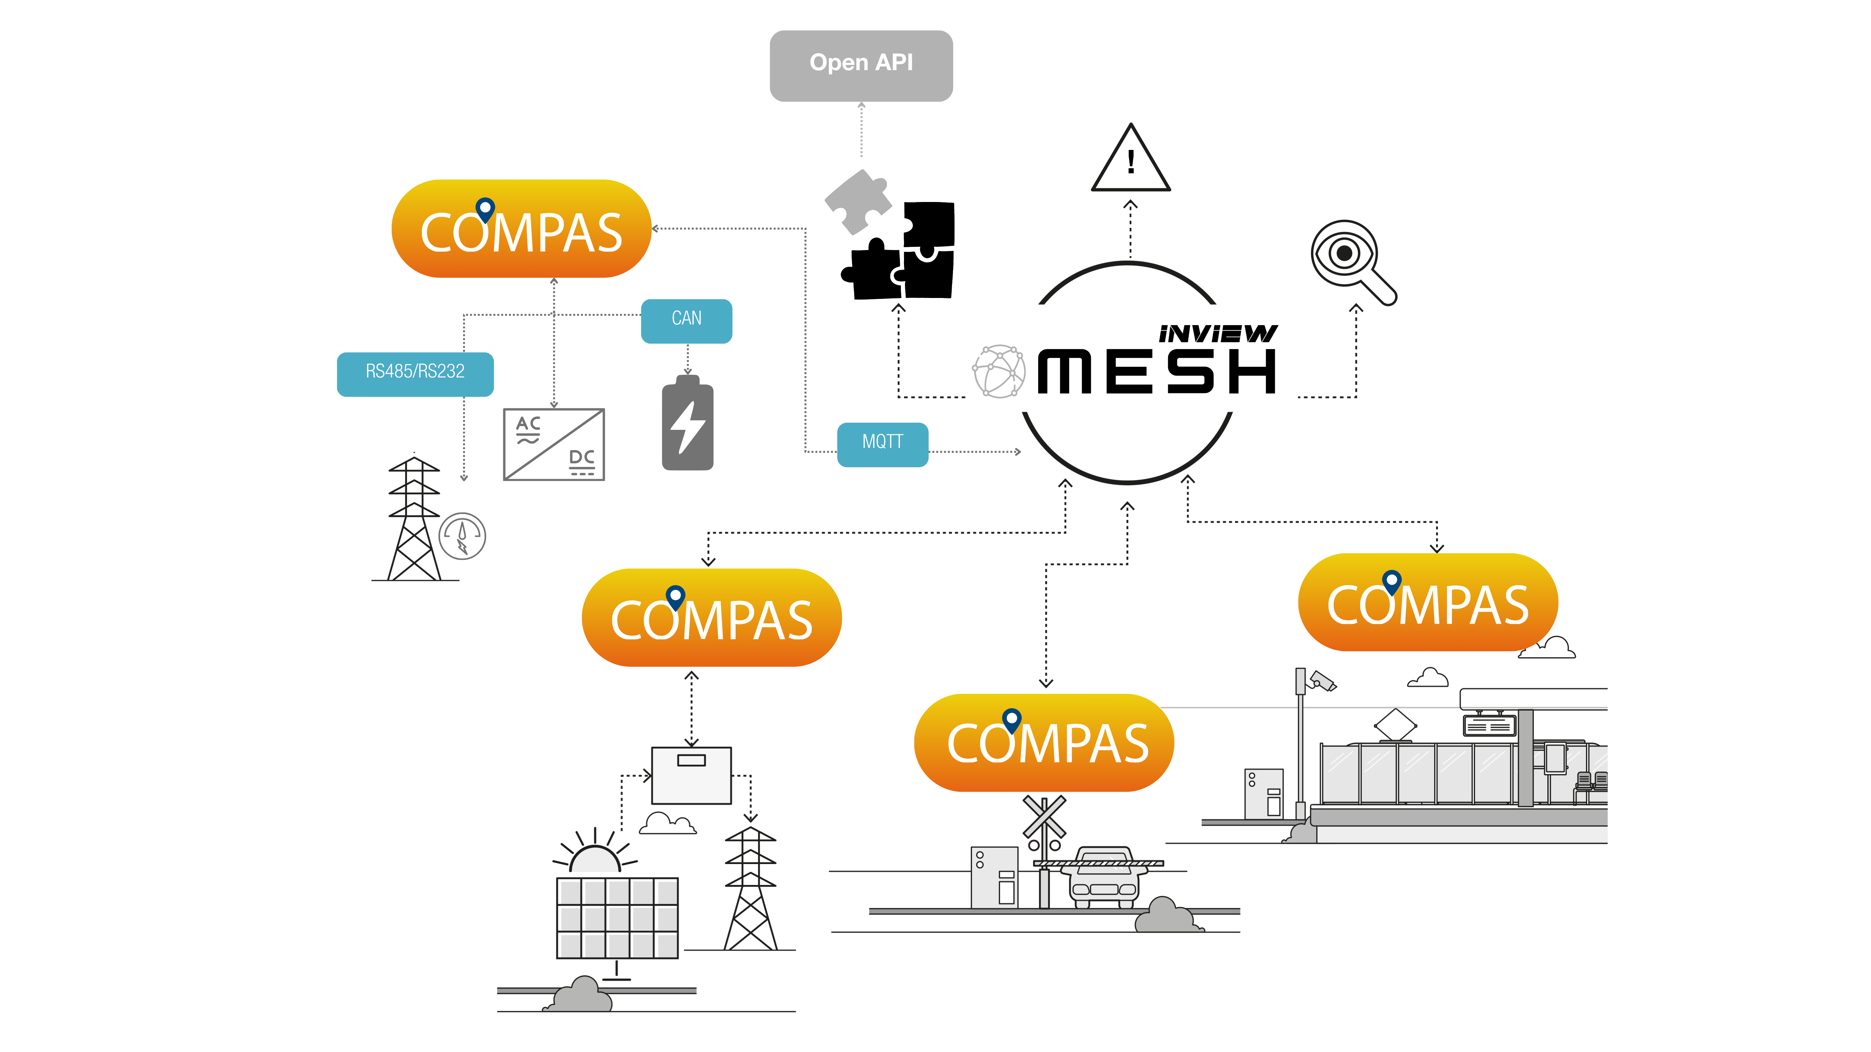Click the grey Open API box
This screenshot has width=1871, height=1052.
coord(861,65)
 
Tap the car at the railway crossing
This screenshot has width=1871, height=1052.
coord(1103,877)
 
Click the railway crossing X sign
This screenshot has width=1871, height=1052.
coord(1044,817)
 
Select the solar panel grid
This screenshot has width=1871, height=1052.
coord(616,918)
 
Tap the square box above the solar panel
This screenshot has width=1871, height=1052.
coord(691,775)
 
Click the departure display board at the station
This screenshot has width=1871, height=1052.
coord(1489,725)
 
